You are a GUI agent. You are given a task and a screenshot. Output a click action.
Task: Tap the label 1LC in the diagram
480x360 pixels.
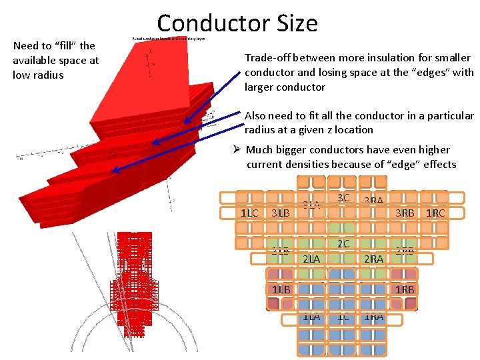click(x=249, y=213)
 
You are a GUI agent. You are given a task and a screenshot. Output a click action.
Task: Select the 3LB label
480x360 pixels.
click(x=280, y=213)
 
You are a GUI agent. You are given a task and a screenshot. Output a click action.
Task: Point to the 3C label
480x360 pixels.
click(x=343, y=198)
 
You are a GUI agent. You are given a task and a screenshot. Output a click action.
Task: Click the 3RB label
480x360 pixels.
click(x=405, y=213)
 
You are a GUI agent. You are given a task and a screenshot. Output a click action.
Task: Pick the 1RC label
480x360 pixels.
click(x=435, y=213)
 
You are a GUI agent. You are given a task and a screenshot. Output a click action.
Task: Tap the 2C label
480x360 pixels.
click(x=343, y=244)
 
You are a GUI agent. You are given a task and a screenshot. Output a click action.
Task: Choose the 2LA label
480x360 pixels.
click(x=311, y=259)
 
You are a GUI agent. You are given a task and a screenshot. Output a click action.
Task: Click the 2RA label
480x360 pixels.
click(x=373, y=259)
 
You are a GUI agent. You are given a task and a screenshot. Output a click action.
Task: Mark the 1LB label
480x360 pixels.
click(x=281, y=289)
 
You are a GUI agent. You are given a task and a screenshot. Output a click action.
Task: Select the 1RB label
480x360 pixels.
click(x=405, y=289)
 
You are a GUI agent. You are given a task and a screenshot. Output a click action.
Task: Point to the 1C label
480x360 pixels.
click(x=343, y=317)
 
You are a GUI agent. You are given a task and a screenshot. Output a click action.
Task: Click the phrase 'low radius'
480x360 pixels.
click(x=38, y=75)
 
